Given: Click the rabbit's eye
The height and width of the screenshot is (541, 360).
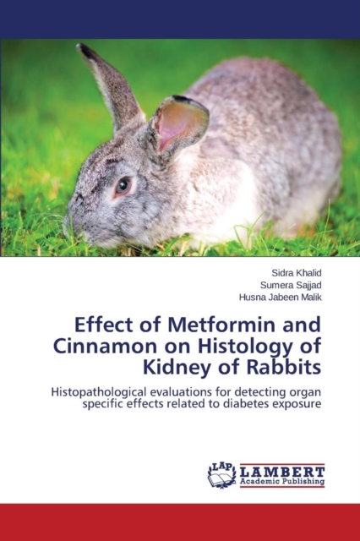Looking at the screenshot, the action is tap(123, 186).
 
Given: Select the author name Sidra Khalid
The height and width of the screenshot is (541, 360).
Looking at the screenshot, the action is tap(297, 273).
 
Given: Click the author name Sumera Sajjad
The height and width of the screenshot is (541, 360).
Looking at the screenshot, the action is tap(291, 286).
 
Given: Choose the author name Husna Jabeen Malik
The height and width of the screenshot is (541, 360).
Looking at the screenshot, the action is tap(281, 298).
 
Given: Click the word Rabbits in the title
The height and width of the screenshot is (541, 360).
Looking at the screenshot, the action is tap(283, 367).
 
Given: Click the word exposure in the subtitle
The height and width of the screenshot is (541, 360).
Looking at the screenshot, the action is tap(297, 405).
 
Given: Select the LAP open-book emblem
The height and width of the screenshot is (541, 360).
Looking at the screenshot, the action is tap(221, 475).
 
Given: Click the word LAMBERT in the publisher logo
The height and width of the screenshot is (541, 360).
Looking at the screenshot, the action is tap(282, 472).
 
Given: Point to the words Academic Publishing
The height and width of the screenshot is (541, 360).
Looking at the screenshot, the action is tap(282, 482).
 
